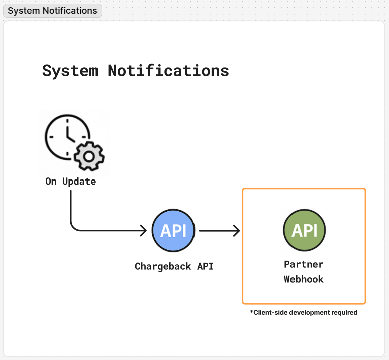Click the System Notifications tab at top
coord(52,11)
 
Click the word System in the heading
coord(70,71)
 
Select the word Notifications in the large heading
coord(168,71)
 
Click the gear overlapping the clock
coord(89,156)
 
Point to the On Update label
coord(70,182)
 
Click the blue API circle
coord(173,231)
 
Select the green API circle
coord(304,230)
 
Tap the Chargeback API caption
coord(174,266)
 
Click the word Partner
coord(304,264)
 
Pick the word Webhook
coord(304,279)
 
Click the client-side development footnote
coord(304,313)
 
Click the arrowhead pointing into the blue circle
coord(144,231)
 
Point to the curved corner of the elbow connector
coord(73,228)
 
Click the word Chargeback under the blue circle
coord(163,266)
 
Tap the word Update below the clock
coord(79,182)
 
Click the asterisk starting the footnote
coord(252,312)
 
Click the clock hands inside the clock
coord(69,134)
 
